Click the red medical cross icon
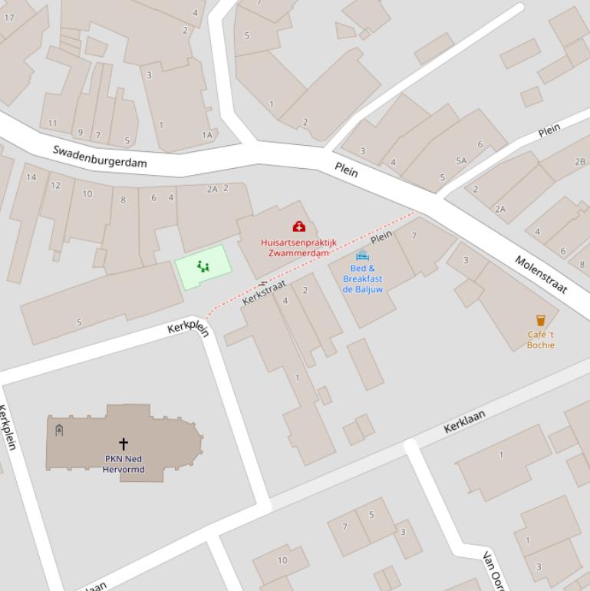pos(298,226)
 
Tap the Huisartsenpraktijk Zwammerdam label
pos(298,248)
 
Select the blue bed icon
pos(362,256)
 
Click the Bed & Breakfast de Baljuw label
pos(362,279)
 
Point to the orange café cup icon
pos(540,321)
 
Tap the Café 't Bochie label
pos(540,339)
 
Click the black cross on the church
pos(123,444)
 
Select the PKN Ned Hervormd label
pos(124,464)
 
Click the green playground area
pos(203,266)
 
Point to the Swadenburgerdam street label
pos(99,156)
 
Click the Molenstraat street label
pos(541,274)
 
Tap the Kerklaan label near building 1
pos(464,421)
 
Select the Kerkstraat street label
pos(264,292)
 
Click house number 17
pos(9,17)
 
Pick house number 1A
pos(206,135)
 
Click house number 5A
pos(461,161)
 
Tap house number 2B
pos(580,162)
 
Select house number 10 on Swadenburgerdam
pos(87,194)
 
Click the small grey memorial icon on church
pos(59,430)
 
